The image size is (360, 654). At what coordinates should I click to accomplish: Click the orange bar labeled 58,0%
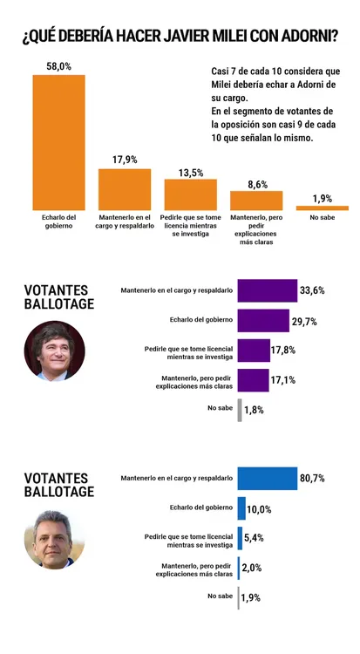(58, 142)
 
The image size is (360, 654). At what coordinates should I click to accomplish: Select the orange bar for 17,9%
(125, 189)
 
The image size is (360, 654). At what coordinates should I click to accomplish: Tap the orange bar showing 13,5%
(191, 194)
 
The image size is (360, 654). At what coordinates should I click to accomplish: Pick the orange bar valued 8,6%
(256, 201)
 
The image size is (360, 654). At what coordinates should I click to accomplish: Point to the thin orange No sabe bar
(323, 208)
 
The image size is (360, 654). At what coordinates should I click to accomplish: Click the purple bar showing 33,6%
(268, 290)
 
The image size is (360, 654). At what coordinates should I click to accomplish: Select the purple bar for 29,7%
(263, 320)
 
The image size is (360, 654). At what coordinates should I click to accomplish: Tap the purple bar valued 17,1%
(253, 380)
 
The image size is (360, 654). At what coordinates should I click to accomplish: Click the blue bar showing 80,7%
(268, 479)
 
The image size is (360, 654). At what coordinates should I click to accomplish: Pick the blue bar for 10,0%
(241, 508)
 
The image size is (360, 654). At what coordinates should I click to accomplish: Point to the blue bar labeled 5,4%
(240, 538)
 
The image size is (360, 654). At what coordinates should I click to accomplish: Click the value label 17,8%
(283, 351)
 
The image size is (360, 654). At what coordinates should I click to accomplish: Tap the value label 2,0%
(252, 568)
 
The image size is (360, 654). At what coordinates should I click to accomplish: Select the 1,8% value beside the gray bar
(254, 410)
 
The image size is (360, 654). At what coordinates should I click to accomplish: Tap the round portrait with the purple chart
(54, 351)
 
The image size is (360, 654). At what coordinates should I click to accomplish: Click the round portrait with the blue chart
(54, 539)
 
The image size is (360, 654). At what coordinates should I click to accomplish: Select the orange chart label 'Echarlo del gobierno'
(58, 221)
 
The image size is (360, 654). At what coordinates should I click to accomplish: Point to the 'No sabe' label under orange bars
(322, 218)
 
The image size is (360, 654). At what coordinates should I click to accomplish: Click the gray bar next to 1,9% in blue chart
(239, 597)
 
